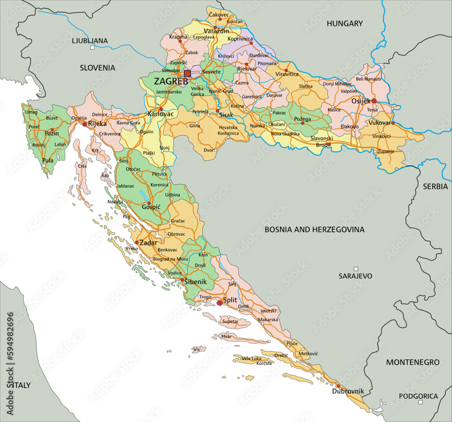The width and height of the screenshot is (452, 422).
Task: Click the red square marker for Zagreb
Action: tap(188, 73)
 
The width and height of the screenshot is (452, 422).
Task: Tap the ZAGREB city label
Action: tap(171, 82)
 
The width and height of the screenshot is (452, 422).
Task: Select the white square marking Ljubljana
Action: tap(92, 48)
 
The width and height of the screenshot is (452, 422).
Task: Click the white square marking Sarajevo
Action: tap(356, 269)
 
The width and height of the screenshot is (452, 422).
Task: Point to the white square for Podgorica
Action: tap(420, 402)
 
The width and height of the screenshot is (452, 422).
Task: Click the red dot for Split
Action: tap(220, 302)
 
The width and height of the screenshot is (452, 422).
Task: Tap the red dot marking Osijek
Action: tap(374, 101)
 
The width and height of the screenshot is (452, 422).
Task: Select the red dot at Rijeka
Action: tap(85, 124)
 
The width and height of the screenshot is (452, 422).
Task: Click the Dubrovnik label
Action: tap(348, 391)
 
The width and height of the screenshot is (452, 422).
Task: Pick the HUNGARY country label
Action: tap(345, 24)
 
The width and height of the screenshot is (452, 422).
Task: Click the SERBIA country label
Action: tap(435, 186)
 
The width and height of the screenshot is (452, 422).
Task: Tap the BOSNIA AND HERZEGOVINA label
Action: tap(314, 230)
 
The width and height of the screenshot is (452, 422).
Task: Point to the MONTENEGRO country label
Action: tap(412, 362)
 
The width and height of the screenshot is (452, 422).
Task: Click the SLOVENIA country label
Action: tap(97, 67)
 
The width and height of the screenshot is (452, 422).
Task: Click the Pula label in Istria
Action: tap(47, 160)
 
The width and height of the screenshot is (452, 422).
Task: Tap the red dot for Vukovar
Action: tap(393, 123)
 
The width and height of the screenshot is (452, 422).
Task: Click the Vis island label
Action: tap(196, 350)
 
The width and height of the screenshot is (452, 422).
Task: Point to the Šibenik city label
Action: tap(195, 282)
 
